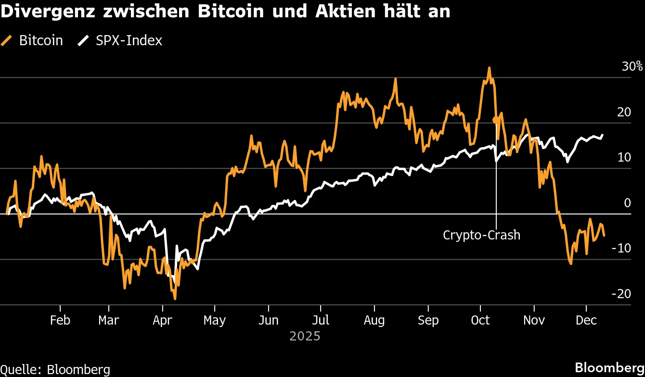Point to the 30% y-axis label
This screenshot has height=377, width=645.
[632, 67]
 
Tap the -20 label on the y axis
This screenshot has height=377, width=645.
[620, 294]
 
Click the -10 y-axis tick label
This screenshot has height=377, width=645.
[620, 249]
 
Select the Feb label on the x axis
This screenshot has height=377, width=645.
[60, 320]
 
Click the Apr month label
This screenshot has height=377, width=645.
[162, 320]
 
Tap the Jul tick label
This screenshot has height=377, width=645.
[321, 320]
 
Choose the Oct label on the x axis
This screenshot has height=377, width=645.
[480, 320]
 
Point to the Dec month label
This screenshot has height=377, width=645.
[586, 320]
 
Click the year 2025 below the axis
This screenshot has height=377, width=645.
[305, 336]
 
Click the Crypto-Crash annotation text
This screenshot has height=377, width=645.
[481, 235]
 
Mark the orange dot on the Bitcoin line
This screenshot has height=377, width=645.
[496, 120]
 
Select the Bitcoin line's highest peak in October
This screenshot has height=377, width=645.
[489, 68]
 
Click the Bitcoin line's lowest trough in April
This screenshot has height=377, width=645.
[175, 299]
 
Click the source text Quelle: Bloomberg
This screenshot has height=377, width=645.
[55, 369]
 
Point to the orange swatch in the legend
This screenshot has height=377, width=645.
[7, 41]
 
